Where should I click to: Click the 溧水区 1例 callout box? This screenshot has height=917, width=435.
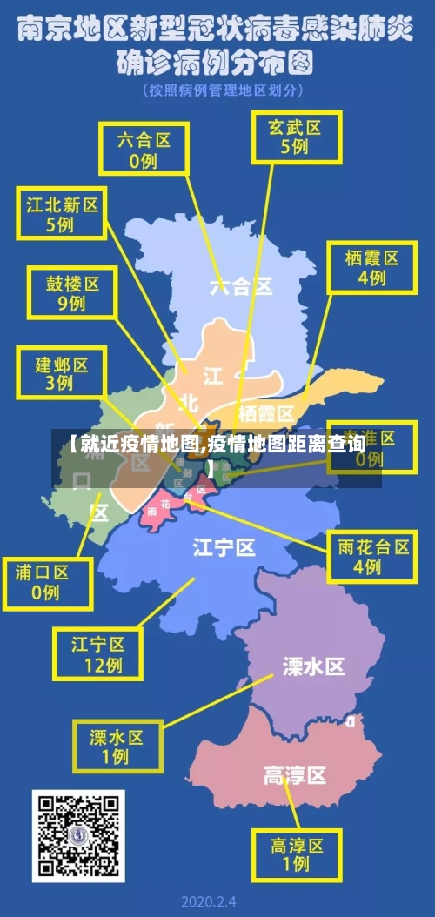point(115,746)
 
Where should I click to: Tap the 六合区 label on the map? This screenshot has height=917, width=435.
point(241,284)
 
